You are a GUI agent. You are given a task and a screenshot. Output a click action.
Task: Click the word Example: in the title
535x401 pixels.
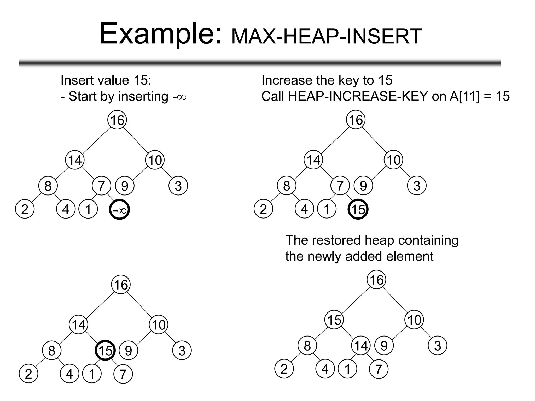[x=160, y=34]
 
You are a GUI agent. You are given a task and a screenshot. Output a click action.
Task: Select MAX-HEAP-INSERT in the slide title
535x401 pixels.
[x=327, y=37]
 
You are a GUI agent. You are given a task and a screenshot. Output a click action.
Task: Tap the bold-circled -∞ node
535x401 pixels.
[x=119, y=210]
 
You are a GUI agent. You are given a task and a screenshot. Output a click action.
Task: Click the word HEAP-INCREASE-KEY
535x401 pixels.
[x=358, y=96]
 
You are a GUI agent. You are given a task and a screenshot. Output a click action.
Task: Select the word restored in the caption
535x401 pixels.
[x=334, y=240]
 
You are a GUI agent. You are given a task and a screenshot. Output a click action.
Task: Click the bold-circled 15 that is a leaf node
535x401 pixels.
[x=358, y=210]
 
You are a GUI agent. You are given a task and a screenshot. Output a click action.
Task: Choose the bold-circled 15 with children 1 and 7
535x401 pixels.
[x=105, y=350]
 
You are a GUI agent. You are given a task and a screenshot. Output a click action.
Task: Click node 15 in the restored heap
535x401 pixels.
[x=334, y=320]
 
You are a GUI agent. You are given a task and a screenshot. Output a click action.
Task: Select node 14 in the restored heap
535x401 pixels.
[x=361, y=346]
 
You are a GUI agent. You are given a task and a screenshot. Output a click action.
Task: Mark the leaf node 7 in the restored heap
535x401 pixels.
[x=379, y=369]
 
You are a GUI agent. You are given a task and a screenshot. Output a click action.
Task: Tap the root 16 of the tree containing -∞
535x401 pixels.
[x=117, y=120]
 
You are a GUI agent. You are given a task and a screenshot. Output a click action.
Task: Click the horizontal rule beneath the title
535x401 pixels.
[x=260, y=63]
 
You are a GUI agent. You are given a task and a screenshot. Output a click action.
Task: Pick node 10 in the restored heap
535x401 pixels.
[x=414, y=320]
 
